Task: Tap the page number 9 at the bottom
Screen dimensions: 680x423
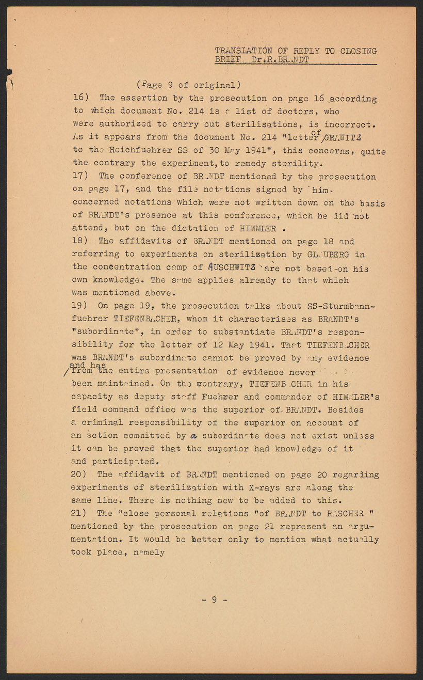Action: [214, 599]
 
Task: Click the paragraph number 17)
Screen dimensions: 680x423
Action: [82, 176]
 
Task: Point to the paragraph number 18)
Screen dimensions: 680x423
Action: [82, 241]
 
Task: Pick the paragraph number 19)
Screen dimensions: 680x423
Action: [82, 306]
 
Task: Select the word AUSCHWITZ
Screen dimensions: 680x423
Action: [232, 267]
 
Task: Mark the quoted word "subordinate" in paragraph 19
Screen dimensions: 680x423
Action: [102, 332]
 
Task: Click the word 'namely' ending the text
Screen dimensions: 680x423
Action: [149, 552]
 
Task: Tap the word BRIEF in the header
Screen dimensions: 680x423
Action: [227, 60]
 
